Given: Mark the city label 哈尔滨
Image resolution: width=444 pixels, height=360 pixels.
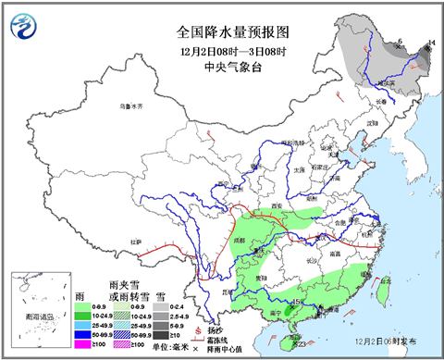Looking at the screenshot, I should point(378,82).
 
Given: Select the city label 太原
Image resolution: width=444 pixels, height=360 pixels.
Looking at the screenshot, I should point(298,169).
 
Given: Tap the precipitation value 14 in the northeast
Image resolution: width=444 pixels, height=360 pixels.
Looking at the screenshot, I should point(431,43).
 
